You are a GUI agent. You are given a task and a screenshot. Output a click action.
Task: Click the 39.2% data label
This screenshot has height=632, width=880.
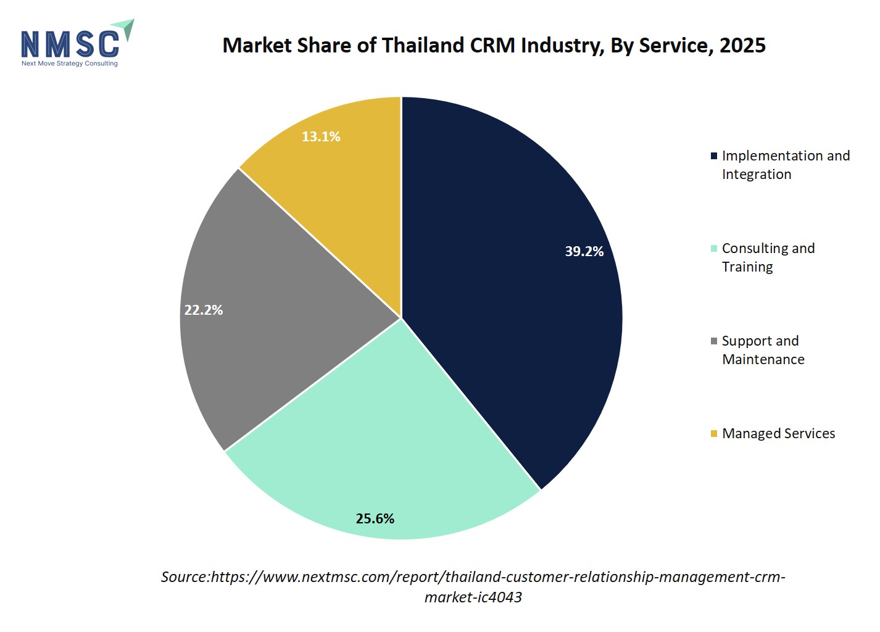(x=584, y=251)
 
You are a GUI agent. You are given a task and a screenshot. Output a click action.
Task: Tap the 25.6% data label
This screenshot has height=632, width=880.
(x=375, y=519)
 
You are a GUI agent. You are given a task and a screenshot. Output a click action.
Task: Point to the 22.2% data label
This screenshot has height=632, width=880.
(x=204, y=310)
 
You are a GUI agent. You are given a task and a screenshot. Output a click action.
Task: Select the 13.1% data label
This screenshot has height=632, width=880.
(x=321, y=136)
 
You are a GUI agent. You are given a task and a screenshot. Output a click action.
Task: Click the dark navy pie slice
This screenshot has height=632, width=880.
(x=503, y=275)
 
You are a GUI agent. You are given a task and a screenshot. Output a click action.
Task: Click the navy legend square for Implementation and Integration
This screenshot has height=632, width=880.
(x=714, y=156)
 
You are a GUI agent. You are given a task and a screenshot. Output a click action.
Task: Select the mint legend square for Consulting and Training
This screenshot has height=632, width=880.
(x=714, y=249)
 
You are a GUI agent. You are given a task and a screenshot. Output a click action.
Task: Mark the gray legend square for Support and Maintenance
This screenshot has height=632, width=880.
(x=714, y=341)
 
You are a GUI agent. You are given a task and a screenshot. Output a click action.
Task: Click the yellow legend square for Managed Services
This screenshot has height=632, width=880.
(x=714, y=434)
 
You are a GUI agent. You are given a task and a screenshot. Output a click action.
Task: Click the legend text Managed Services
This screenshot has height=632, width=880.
(x=779, y=434)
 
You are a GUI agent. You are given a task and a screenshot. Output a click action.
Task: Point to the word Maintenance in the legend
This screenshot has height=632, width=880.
(x=763, y=360)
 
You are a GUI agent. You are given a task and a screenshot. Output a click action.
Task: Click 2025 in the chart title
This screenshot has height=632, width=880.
(x=742, y=45)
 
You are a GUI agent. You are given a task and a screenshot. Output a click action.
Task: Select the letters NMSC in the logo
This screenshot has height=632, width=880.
(x=70, y=44)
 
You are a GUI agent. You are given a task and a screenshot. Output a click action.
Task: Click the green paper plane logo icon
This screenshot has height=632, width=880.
(x=125, y=28)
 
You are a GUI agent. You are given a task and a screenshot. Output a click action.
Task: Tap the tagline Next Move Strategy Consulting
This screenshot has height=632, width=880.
(x=70, y=64)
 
